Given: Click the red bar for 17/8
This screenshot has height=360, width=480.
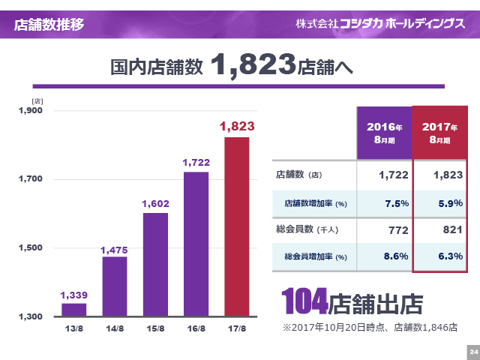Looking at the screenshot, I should tap(237, 226).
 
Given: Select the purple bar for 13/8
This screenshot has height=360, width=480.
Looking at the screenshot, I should tap(74, 309).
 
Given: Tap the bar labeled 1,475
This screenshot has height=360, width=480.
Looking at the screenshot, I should tap(115, 286).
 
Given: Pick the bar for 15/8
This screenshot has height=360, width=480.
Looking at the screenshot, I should tap(155, 264).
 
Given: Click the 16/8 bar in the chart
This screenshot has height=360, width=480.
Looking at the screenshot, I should tap(196, 244).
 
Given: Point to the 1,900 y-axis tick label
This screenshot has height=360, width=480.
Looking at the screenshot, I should tap(31, 111).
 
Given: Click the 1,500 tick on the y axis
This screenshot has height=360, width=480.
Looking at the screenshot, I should tap(31, 248).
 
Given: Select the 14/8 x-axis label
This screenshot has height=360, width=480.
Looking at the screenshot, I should tap(115, 328).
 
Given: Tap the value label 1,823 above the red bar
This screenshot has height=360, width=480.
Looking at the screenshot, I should tap(237, 127).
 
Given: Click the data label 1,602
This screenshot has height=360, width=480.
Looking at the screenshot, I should tap(155, 203).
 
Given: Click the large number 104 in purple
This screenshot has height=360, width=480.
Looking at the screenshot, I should tap(304, 302).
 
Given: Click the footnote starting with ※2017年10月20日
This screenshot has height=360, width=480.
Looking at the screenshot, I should tap(370, 327).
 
